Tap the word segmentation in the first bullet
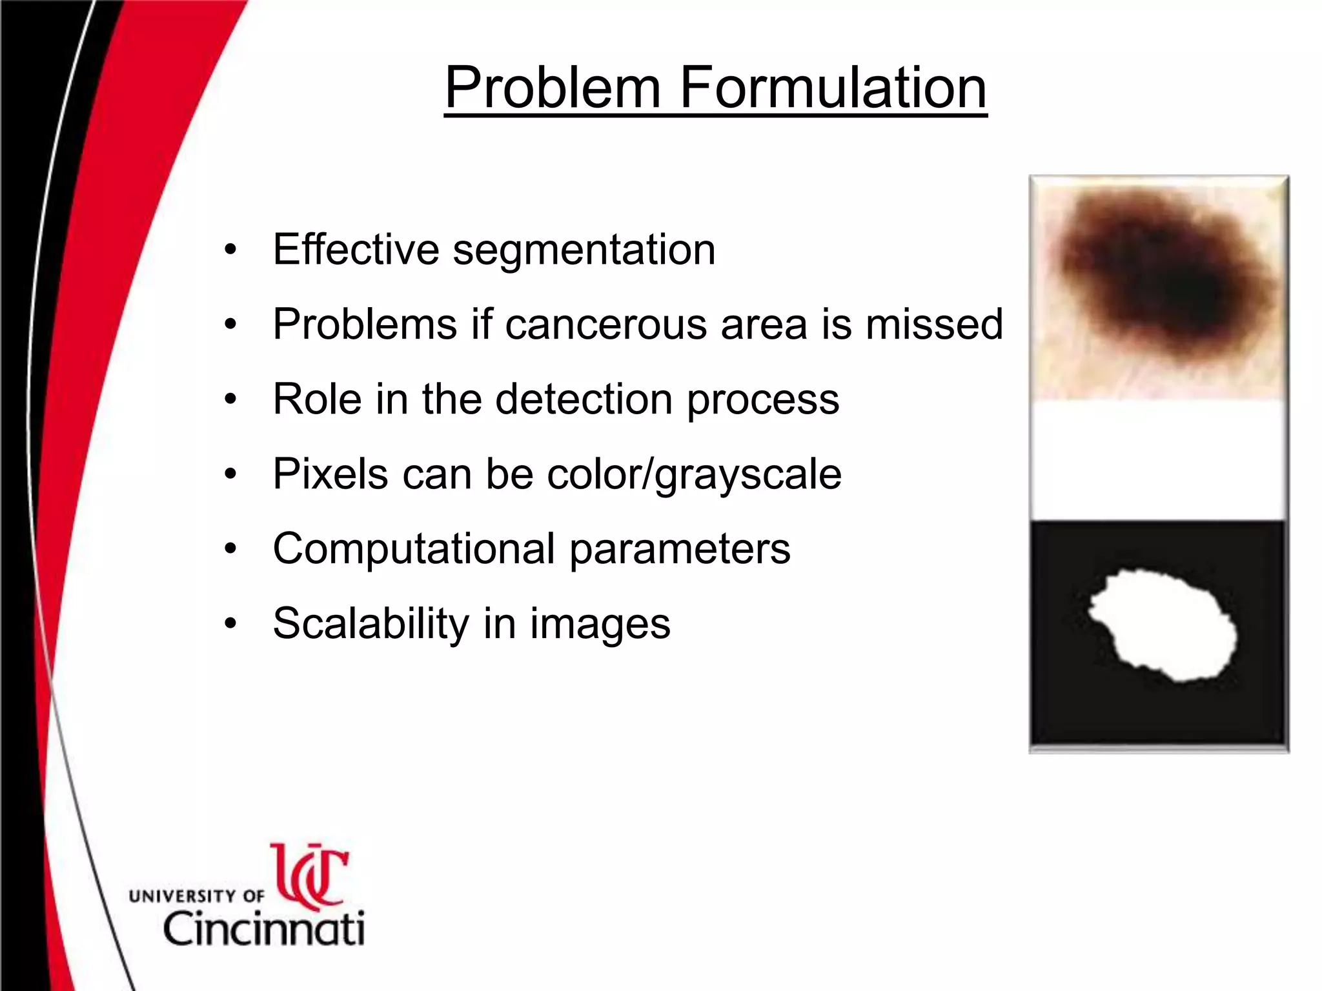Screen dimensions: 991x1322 (x=584, y=250)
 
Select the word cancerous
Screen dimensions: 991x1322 (x=605, y=324)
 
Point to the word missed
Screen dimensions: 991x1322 (x=934, y=324)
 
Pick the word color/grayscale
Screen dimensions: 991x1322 (x=694, y=474)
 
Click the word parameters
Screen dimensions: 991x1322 (x=679, y=550)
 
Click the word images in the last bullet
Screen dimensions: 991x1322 (x=600, y=625)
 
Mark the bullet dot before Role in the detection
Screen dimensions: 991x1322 (x=230, y=400)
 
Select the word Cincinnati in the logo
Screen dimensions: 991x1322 (x=263, y=929)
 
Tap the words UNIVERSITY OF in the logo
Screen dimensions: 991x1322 (x=196, y=896)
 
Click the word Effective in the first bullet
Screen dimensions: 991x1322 (x=356, y=250)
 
